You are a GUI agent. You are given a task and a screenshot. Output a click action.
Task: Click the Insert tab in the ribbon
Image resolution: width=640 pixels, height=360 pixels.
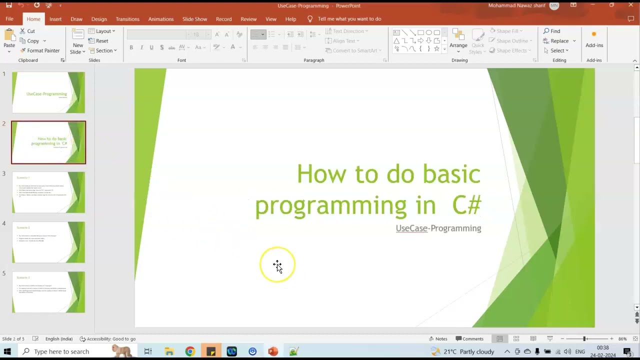click(x=55, y=19)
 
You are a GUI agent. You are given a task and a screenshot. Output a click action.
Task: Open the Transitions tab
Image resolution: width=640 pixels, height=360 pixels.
click(x=127, y=19)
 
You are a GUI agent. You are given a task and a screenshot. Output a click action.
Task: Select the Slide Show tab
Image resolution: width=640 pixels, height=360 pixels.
click(x=194, y=19)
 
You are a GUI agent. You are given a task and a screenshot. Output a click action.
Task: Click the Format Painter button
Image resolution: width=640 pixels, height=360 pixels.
click(x=40, y=50)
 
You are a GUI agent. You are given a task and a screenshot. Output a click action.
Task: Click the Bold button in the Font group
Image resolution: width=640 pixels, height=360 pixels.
click(x=131, y=47)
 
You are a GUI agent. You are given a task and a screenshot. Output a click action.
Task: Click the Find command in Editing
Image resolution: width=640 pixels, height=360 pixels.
click(x=552, y=31)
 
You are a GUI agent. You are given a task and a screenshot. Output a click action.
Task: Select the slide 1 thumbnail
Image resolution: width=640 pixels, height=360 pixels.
click(x=48, y=92)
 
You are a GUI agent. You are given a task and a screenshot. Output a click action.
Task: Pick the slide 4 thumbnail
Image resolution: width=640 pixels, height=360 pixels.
click(x=48, y=242)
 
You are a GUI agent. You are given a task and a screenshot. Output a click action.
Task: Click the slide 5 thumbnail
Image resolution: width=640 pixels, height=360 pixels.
click(x=48, y=292)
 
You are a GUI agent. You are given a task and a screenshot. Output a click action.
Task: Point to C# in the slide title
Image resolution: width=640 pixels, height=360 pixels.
click(x=466, y=205)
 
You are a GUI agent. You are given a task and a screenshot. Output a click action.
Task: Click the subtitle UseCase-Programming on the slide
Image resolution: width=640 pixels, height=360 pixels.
click(x=438, y=228)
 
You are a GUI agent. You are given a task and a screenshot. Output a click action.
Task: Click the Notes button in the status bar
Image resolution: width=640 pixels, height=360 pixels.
click(x=438, y=339)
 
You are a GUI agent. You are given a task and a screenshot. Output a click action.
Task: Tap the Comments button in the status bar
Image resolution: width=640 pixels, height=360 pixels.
click(x=469, y=339)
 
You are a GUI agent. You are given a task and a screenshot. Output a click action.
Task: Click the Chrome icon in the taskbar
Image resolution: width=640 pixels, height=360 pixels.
click(x=190, y=351)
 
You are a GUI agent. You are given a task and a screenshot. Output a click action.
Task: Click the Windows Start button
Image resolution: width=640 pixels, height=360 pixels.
click(x=7, y=351)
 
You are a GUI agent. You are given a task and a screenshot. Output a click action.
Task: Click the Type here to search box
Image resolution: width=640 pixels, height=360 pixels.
click(x=61, y=351)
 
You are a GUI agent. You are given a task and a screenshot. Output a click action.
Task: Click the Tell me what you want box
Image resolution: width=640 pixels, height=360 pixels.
click(x=349, y=19)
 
